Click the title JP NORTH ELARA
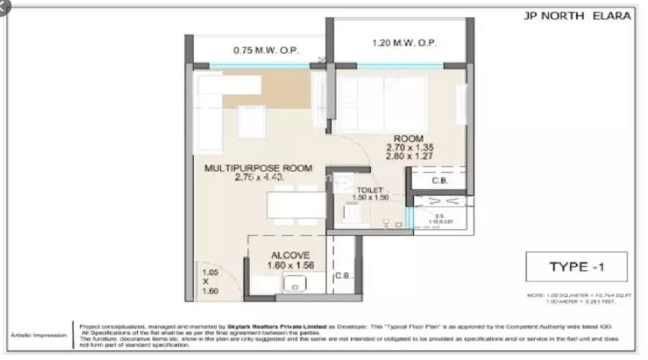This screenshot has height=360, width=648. (x=577, y=16)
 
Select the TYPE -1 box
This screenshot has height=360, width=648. (x=576, y=267)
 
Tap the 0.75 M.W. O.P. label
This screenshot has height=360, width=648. (x=266, y=50)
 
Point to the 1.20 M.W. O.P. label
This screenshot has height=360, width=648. (x=405, y=43)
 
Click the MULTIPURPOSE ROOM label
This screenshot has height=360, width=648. (x=258, y=168)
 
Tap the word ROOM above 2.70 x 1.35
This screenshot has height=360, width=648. (x=408, y=138)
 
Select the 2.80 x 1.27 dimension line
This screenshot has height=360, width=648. (x=408, y=156)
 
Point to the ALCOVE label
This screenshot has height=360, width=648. (x=290, y=255)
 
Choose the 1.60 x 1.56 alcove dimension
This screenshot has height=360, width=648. (x=290, y=265)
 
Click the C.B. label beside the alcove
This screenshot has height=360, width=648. (x=343, y=275)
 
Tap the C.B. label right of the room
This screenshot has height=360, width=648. (x=439, y=181)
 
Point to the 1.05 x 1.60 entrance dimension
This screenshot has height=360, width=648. (x=210, y=282)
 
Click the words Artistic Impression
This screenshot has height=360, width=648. (x=40, y=335)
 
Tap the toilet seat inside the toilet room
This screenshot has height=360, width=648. (x=351, y=212)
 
